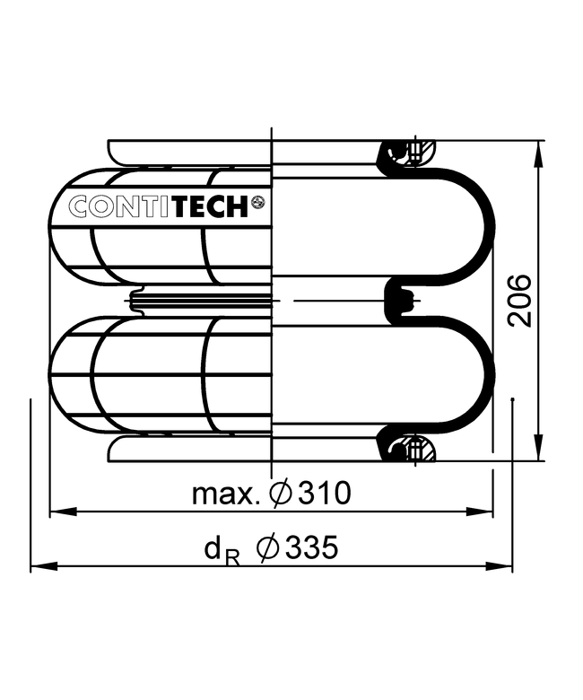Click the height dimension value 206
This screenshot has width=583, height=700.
pos(520,301)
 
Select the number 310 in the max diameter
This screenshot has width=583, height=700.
pos(325,494)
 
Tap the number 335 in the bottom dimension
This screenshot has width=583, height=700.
pos(312,547)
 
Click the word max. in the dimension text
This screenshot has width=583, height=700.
pos(226,494)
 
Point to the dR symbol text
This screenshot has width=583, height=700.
pos(222,551)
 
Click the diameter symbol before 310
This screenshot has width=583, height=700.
pos(281,494)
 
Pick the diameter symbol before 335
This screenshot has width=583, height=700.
pos(267,547)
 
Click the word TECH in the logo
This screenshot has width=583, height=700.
pos(211,206)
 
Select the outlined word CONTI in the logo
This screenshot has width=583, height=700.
pos(120,206)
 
